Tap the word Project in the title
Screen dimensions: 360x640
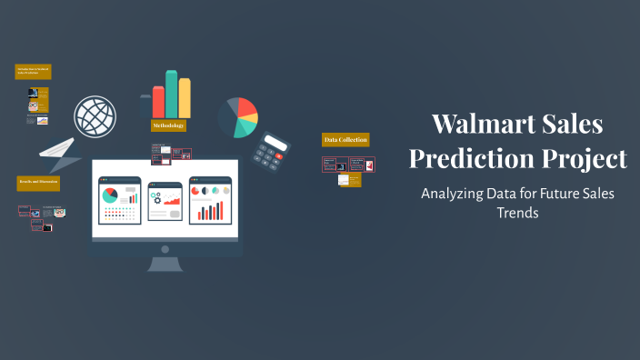point(587,158)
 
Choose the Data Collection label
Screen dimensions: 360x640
point(345,140)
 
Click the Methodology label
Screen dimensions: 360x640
point(168,125)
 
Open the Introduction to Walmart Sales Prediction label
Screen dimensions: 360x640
point(33,70)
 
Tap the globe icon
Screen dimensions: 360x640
point(95,116)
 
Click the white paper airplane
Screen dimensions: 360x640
point(59,153)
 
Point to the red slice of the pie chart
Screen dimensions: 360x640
point(246,108)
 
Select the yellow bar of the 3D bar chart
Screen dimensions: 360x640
point(185,98)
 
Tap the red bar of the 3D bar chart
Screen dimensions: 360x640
point(158,102)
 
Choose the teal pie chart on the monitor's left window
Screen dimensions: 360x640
point(110,195)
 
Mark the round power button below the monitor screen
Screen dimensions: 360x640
point(165,248)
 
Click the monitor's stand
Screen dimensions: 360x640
point(165,265)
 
